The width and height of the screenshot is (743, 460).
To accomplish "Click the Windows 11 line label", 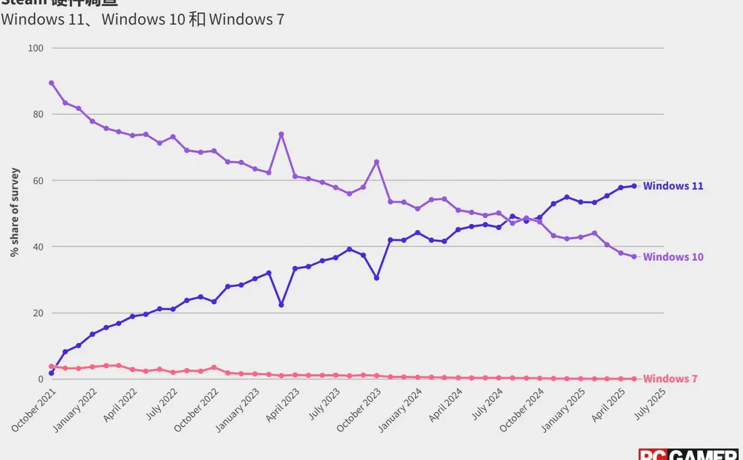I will pos(673,186).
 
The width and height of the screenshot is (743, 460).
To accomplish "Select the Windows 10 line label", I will pos(673,257).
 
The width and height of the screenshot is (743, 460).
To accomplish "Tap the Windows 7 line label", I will pos(670,379).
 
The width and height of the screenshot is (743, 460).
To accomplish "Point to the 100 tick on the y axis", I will pos(36,48).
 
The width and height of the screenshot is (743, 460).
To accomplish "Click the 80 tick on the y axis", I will pos(37,114).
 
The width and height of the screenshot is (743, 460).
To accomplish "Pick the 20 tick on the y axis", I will pos(37,313).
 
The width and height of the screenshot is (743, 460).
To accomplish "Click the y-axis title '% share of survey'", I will pos(15,213).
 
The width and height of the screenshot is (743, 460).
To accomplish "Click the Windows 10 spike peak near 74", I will pos(281,134).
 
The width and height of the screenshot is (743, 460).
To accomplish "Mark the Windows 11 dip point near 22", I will pos(281,305).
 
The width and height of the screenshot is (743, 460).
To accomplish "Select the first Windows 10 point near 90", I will pos(51,82).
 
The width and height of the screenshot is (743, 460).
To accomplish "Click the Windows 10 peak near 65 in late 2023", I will pos(376,162).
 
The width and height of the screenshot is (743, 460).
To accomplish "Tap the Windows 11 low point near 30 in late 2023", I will pos(376,278).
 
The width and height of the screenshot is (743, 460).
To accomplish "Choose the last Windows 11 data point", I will pos(634,186).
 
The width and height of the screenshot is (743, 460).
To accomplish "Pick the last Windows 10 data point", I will pos(634,256).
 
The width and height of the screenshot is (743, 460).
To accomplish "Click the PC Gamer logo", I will pos(688,455).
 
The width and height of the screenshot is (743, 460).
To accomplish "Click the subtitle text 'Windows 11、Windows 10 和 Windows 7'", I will pos(142,19).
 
